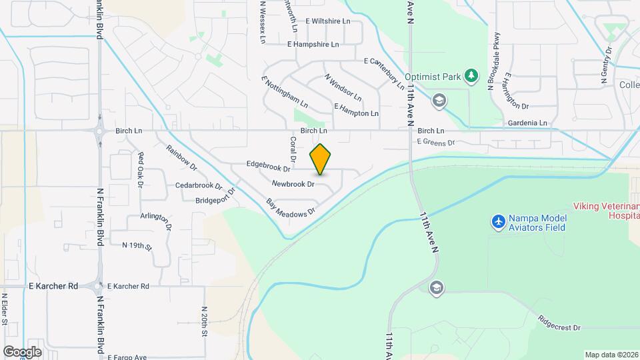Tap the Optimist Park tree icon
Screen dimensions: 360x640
coord(472,76)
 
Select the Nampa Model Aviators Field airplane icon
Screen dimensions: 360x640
coord(497,222)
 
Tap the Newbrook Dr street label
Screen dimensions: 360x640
coord(293,183)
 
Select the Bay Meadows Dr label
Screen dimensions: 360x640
coord(289,207)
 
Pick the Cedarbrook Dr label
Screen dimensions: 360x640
coord(199,185)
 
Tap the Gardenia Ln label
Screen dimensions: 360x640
coord(527,123)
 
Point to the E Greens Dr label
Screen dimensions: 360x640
coord(435,142)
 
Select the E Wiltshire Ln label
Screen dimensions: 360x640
coord(328,21)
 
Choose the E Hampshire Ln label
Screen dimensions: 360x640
coord(313,45)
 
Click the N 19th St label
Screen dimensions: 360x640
coord(137,246)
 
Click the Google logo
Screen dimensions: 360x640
coord(21,351)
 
